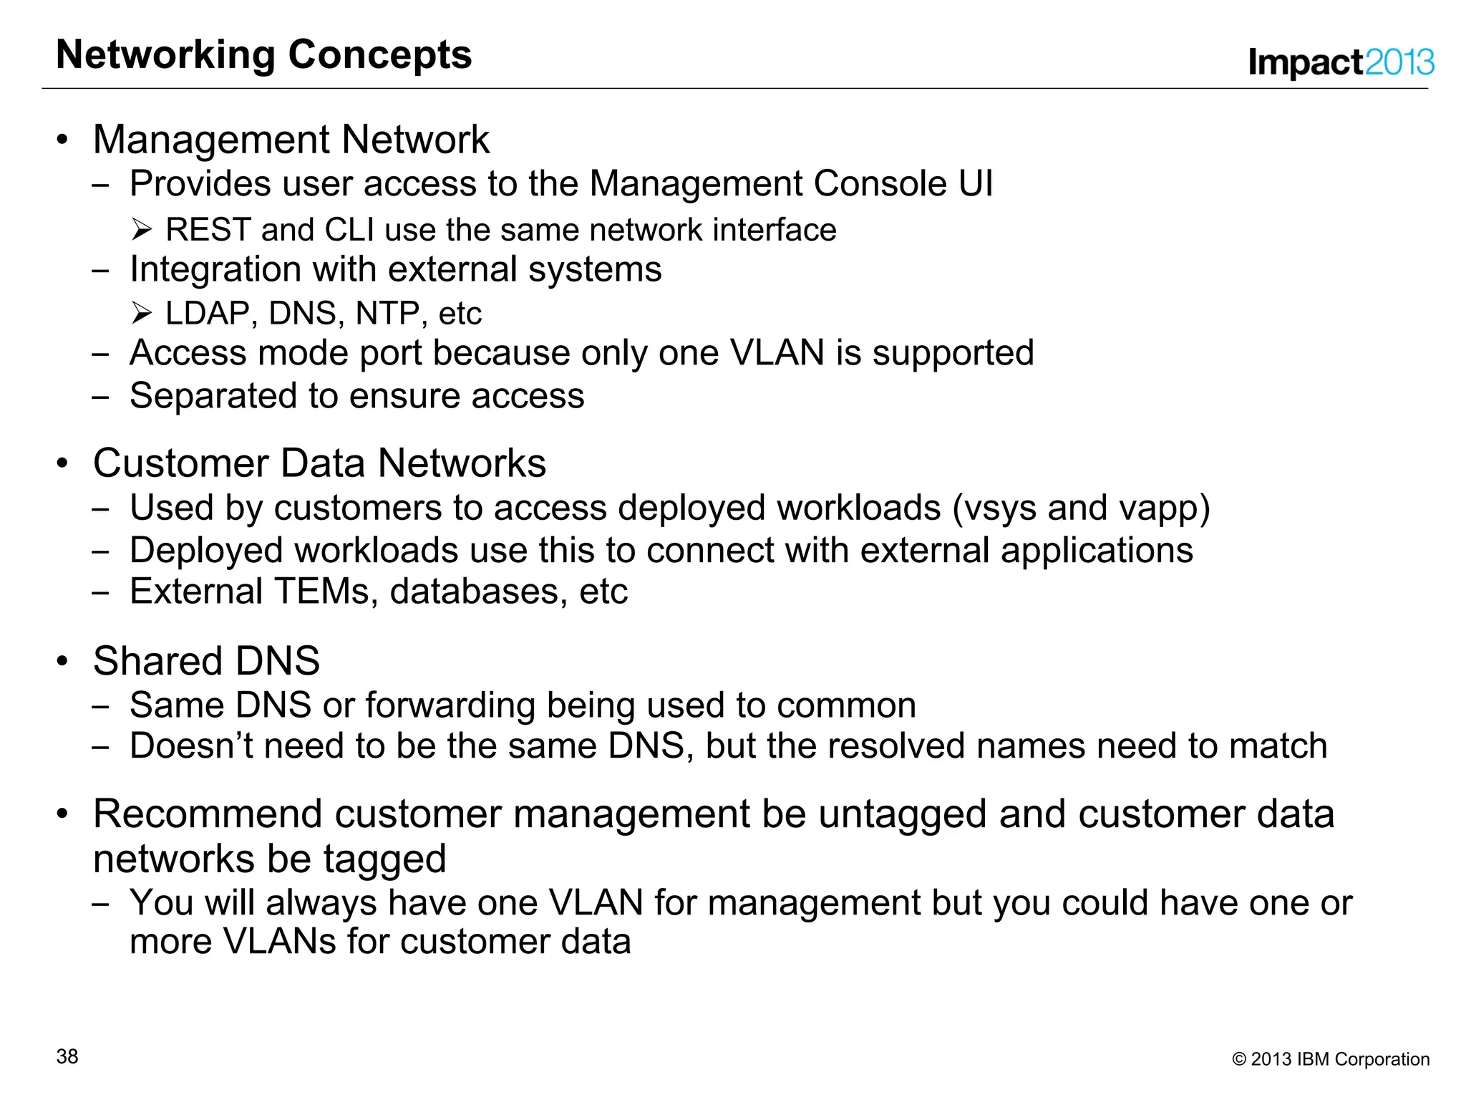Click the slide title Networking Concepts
pos(263,55)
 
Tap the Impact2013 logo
pos(1340,62)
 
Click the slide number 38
pos(67,1056)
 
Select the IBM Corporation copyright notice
pos(1331,1059)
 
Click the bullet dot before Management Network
pos(63,140)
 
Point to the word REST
pos(208,231)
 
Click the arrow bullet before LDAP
pos(142,313)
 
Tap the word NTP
pos(387,314)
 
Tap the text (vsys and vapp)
pos(1081,508)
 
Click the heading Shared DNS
pos(206,661)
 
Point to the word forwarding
pos(450,706)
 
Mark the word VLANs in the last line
pos(279,942)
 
